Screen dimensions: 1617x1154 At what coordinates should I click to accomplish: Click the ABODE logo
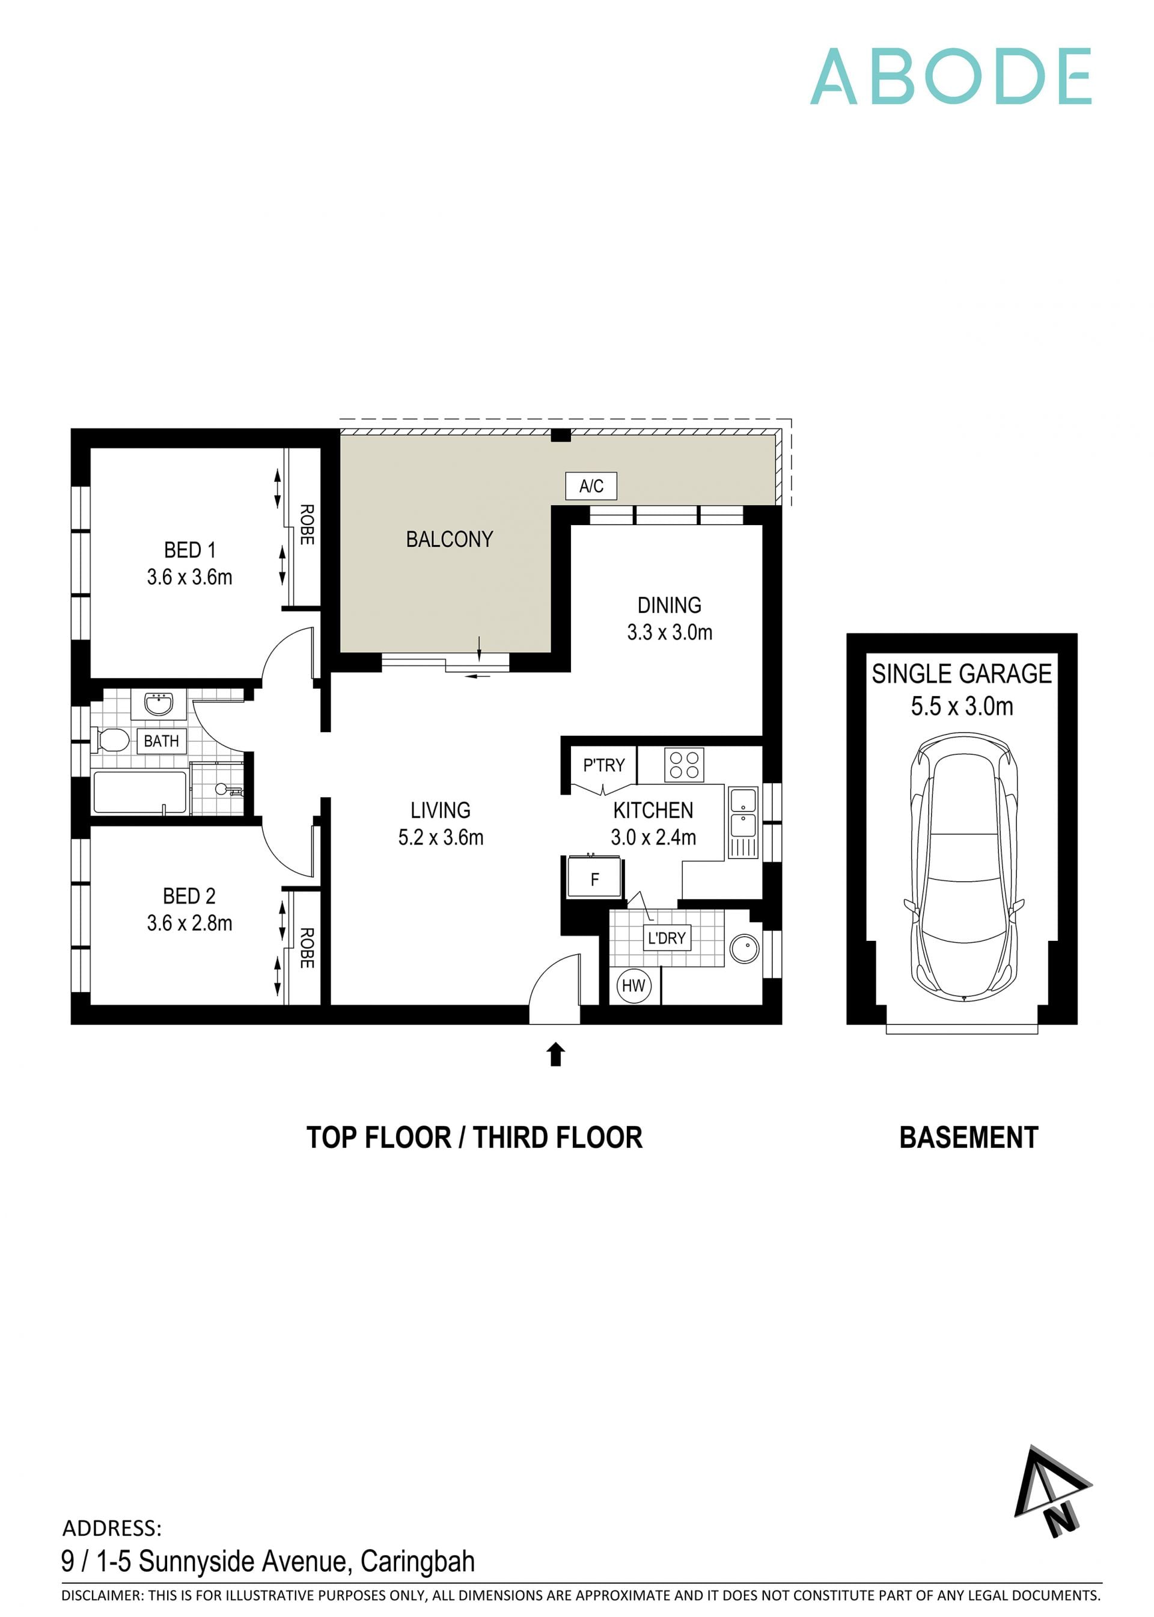click(950, 77)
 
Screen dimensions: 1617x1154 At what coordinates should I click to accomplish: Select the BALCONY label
click(449, 540)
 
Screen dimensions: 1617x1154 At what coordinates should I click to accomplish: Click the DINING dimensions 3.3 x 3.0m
click(670, 632)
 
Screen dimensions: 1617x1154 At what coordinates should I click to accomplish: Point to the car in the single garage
click(963, 869)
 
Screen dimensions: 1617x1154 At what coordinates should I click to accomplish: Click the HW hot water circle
click(633, 985)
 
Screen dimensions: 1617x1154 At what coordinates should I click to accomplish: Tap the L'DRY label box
click(667, 938)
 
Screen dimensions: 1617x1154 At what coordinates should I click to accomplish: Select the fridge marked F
click(595, 879)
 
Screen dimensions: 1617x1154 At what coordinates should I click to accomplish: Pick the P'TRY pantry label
click(603, 765)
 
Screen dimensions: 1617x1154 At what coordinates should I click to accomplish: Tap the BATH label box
click(161, 741)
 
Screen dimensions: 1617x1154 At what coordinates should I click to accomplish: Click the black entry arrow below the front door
click(556, 1054)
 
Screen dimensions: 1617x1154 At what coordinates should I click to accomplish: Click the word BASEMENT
click(968, 1138)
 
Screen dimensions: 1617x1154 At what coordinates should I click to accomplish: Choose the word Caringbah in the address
click(417, 1562)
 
